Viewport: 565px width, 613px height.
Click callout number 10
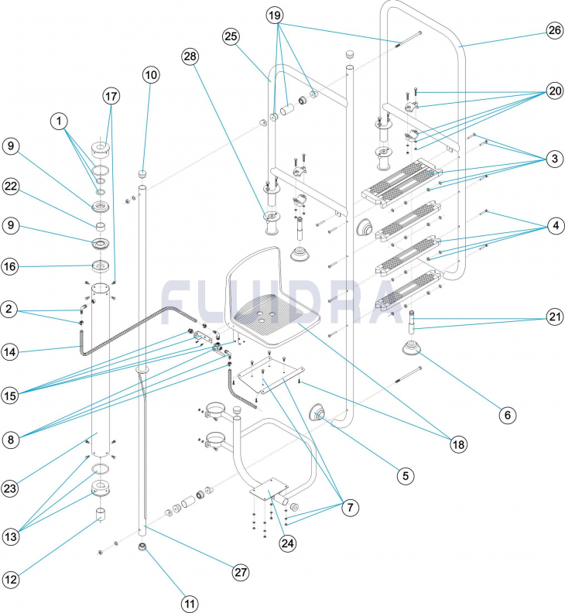[150, 75]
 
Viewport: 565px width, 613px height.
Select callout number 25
[232, 36]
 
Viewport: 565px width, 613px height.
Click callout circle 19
[276, 15]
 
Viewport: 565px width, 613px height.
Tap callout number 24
[288, 543]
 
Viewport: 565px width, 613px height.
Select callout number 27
[242, 571]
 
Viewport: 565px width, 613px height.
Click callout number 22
[11, 186]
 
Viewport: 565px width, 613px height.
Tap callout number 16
[11, 267]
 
